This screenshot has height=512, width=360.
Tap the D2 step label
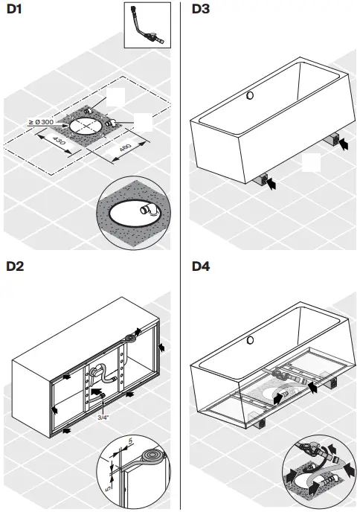pyautogui.click(x=16, y=266)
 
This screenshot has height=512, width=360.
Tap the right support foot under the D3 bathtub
pyautogui.click(x=333, y=139)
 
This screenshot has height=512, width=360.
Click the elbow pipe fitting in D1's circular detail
pyautogui.click(x=151, y=212)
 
